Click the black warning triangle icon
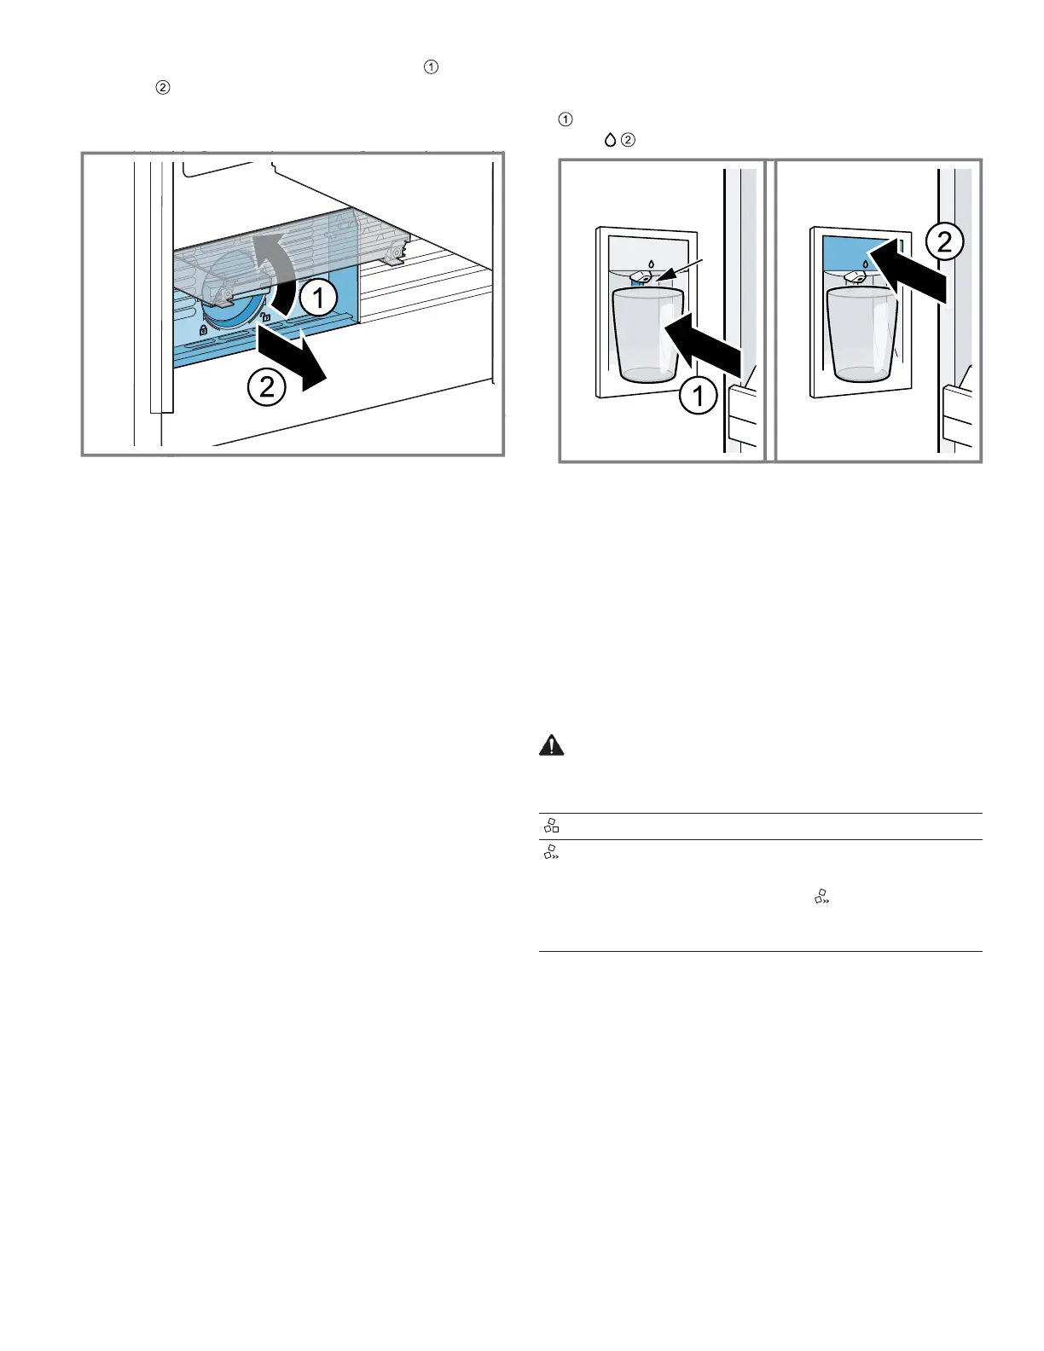(x=551, y=745)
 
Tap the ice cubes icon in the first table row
(x=551, y=826)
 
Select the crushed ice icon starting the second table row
(x=551, y=852)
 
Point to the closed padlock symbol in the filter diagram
(x=203, y=329)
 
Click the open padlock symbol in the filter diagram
(x=265, y=316)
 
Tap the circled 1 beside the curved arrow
(x=318, y=299)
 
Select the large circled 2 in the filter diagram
(x=267, y=387)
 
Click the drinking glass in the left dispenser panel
(x=648, y=335)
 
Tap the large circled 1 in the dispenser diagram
(x=698, y=396)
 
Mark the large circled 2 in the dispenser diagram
(x=944, y=242)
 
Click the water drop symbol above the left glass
(x=651, y=264)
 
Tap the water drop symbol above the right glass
(x=865, y=264)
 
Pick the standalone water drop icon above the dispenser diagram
(x=610, y=140)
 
